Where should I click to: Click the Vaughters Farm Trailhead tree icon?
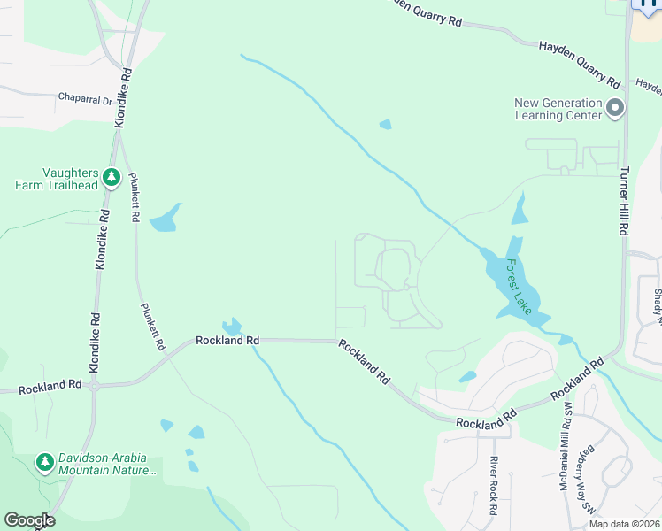click(x=112, y=178)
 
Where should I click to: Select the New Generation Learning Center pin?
click(x=616, y=110)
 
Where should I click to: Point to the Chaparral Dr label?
click(x=86, y=98)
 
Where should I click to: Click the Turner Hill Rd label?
click(x=624, y=201)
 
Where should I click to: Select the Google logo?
click(x=29, y=520)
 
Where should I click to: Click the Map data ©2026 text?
click(x=623, y=524)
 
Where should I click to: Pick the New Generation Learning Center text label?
click(x=558, y=109)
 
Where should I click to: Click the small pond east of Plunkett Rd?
click(x=165, y=219)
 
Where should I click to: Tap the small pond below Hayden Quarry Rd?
click(x=385, y=125)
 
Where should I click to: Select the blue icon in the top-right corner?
click(x=646, y=4)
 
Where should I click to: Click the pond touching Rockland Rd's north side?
click(x=233, y=327)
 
